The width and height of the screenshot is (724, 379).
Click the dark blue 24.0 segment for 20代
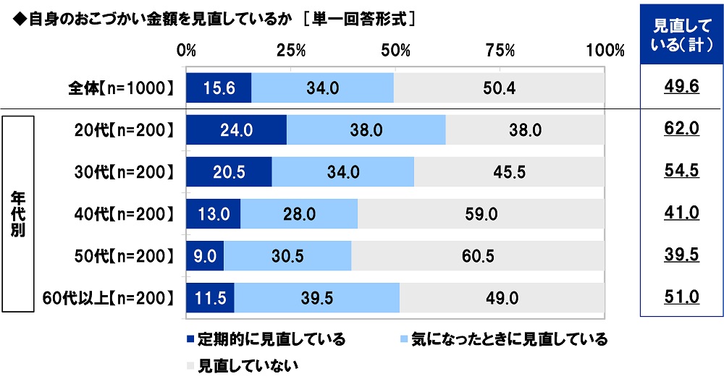pos(237,130)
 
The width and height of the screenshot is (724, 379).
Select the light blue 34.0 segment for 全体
pos(322,88)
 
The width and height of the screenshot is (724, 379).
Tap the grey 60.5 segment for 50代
pos(478,256)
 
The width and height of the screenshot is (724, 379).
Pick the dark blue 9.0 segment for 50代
pos(205,256)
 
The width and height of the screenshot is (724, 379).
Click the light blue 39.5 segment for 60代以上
pos(316,298)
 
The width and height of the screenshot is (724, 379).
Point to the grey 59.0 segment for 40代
pos(481,214)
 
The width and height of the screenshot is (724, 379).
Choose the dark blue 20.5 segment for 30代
pos(229,172)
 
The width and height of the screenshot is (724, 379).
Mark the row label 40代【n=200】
pos(125,214)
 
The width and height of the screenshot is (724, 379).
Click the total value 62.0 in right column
pos(681,130)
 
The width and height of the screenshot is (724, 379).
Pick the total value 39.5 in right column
pos(681,256)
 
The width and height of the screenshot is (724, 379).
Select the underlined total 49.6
pos(681,88)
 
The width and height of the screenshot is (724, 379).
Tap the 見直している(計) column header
pos(681,35)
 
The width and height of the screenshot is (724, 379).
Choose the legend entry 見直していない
pos(243,365)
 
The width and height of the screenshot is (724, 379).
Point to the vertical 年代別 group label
pos(17,214)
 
